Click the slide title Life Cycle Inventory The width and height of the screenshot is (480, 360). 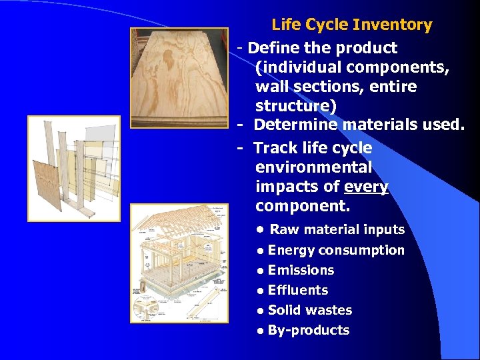351,25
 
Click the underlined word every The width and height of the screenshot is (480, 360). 366,187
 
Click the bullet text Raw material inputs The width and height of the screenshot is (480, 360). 337,229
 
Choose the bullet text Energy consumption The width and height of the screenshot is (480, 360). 336,250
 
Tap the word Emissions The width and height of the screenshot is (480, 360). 301,270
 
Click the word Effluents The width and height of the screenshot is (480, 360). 298,290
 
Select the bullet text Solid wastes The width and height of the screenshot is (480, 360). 310,310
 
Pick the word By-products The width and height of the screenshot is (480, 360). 309,330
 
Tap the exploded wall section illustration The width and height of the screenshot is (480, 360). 73,168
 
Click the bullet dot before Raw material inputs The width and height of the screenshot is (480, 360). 262,230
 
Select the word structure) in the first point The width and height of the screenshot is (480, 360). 296,106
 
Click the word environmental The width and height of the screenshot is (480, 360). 313,167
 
